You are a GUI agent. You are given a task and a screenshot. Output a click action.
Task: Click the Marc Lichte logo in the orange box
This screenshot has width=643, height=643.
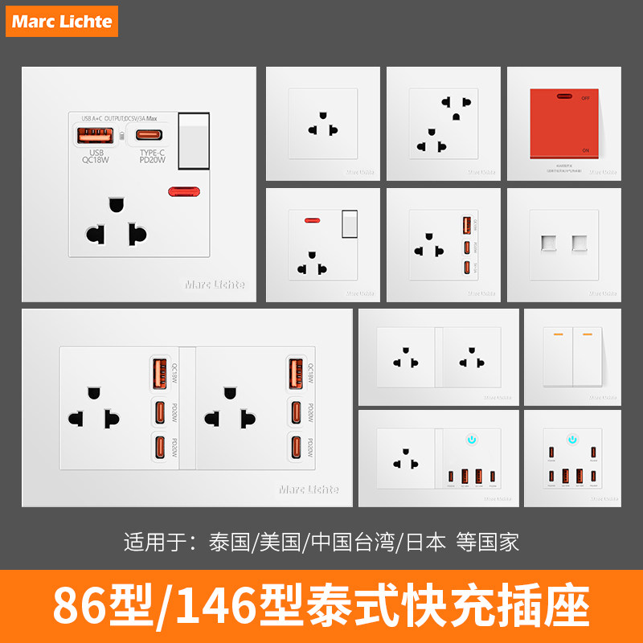click(x=62, y=21)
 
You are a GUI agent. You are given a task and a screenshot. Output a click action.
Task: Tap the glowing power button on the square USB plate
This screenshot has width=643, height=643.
click(x=571, y=440)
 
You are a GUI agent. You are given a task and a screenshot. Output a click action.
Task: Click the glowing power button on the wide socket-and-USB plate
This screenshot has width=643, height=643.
click(x=473, y=440)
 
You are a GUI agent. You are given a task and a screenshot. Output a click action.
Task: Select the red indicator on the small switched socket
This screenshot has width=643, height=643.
click(x=308, y=219)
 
